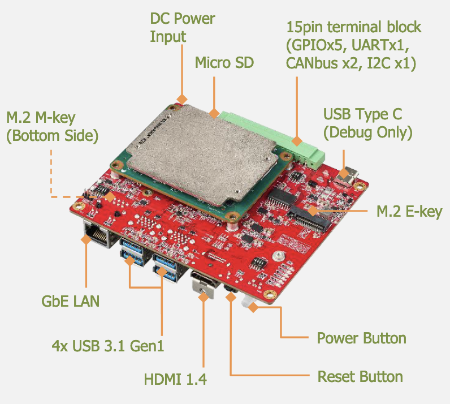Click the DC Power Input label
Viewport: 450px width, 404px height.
(x=182, y=27)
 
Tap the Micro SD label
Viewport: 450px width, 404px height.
(x=224, y=62)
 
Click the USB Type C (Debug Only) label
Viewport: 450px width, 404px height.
(x=367, y=123)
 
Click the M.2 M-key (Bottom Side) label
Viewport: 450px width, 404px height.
(x=52, y=127)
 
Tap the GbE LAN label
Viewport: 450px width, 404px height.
(x=71, y=301)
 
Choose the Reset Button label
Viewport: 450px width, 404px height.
(x=360, y=377)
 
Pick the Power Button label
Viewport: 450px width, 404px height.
(x=361, y=338)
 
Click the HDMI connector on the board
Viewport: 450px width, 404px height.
(x=204, y=281)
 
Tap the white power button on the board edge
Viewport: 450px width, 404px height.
(x=247, y=302)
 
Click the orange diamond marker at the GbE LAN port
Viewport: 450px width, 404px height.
(x=86, y=239)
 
